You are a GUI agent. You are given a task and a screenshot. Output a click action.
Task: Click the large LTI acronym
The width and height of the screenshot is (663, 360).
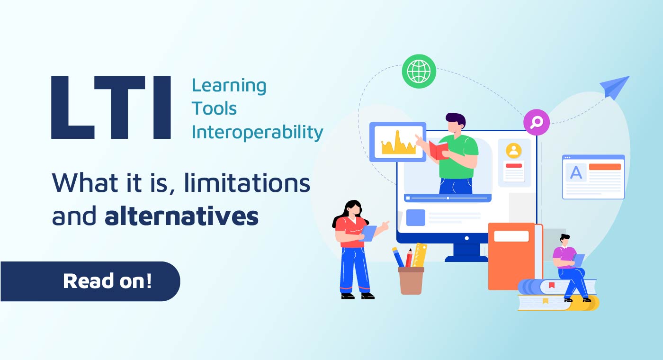point(111,108)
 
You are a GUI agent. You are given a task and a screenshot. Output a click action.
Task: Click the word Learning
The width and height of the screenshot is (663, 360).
point(229,86)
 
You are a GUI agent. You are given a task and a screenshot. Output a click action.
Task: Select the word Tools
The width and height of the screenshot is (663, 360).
point(214,109)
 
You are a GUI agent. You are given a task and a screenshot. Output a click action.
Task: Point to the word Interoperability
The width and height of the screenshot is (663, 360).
point(257,132)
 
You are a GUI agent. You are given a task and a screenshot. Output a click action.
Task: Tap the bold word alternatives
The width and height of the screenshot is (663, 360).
point(182,216)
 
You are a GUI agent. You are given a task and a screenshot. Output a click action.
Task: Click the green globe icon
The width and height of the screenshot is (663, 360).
point(419,72)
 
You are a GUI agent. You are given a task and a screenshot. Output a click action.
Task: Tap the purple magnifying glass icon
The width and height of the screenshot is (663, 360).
point(536,123)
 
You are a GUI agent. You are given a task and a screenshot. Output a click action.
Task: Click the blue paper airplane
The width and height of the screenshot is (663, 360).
point(615,87)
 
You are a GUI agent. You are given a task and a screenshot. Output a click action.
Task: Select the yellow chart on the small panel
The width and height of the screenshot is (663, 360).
point(398,143)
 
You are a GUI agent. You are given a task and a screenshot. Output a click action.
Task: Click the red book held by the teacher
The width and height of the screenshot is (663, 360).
point(439,150)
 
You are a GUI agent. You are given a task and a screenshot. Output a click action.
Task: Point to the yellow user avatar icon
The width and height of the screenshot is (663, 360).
point(513,151)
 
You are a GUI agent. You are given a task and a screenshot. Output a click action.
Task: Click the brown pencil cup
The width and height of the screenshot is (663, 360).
point(411,280)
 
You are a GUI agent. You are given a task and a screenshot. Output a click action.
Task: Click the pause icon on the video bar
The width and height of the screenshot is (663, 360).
point(408,198)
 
